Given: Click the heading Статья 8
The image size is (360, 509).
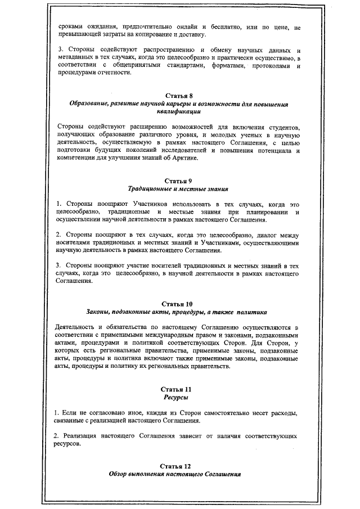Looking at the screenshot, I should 179,96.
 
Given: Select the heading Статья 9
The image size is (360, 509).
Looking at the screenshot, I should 179,181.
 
